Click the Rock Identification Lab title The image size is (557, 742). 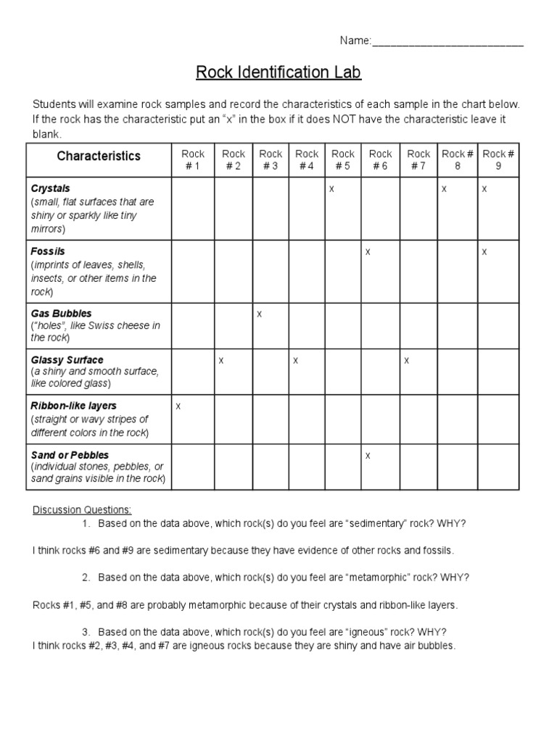click(278, 72)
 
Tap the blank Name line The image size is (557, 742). click(447, 41)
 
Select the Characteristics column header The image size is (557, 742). click(99, 156)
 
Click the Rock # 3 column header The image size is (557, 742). click(271, 159)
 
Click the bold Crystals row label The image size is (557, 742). click(51, 188)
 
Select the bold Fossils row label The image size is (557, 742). click(48, 251)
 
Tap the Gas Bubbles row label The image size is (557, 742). click(61, 313)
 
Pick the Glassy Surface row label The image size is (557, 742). click(67, 359)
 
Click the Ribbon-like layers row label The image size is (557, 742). click(73, 406)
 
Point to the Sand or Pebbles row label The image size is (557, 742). click(70, 455)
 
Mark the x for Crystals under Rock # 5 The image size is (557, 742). click(331, 188)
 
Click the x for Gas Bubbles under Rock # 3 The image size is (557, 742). click(259, 314)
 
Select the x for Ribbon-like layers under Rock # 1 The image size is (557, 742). click(178, 407)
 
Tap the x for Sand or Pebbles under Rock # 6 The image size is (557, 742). click(368, 455)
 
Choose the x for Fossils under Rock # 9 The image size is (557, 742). click(484, 251)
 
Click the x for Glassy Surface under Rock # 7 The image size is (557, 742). click(407, 360)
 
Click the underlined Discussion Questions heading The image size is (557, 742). click(82, 509)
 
